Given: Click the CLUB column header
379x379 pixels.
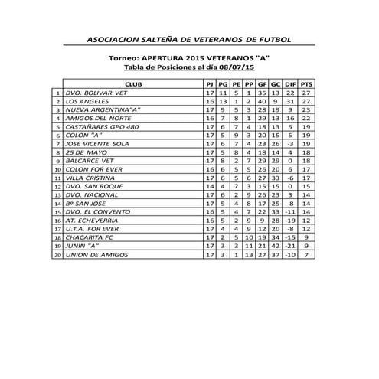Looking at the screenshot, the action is click(132, 83).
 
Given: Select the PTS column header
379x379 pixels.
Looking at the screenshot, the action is click(306, 83).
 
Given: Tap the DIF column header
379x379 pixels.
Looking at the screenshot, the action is click(289, 83).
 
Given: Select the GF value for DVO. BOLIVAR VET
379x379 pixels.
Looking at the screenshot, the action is click(261, 93).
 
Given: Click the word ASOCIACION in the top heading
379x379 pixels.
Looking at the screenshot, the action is click(116, 39).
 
